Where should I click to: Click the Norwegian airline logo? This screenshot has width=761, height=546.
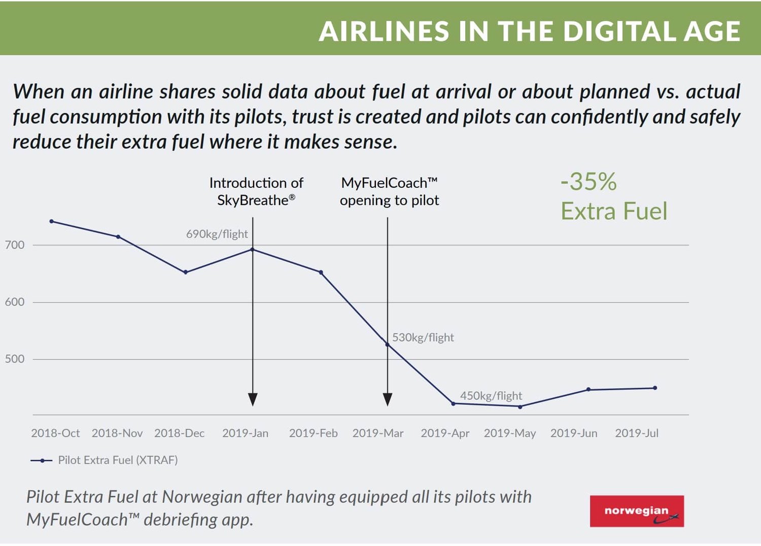point(637,511)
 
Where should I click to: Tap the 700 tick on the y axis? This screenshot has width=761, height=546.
point(15,245)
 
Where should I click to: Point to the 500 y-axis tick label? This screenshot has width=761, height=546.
point(15,359)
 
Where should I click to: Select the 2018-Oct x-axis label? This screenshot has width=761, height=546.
point(55,433)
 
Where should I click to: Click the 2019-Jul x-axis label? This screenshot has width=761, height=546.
point(637,433)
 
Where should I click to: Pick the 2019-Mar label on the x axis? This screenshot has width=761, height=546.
point(378,433)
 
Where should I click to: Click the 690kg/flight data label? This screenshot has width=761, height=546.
point(217,234)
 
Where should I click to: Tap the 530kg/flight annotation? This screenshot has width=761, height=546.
point(423,337)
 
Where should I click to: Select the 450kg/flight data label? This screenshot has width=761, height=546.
point(491,396)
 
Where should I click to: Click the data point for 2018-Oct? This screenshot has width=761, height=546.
point(52,221)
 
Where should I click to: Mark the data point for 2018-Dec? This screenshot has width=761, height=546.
point(186,272)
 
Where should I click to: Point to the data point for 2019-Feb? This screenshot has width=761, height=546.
point(321,272)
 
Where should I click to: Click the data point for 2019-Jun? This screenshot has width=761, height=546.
point(589,389)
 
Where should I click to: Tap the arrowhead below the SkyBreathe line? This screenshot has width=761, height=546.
point(253,399)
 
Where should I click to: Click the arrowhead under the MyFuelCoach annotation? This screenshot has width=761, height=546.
point(388,399)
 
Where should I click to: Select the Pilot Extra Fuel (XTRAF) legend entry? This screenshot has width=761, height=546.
point(104,460)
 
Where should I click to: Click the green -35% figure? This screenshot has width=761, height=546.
point(589,182)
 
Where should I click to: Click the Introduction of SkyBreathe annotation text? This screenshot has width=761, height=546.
point(256,191)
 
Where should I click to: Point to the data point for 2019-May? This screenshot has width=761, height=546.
point(520,407)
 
